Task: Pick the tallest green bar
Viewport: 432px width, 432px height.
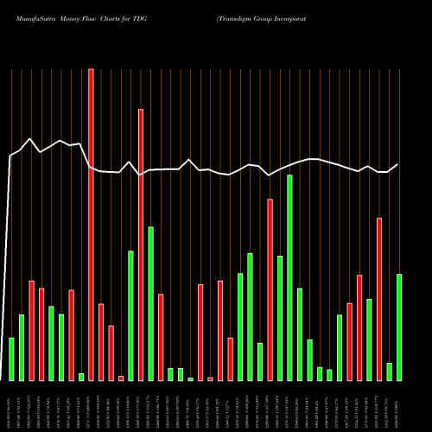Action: pos(289,277)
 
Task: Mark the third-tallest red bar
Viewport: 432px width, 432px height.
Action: pos(270,289)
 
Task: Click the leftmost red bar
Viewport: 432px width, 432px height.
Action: pos(31,330)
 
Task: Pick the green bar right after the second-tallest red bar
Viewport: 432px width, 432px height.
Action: pos(150,303)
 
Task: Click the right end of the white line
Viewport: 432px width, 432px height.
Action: pos(398,164)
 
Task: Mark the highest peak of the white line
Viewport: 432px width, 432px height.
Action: pos(31,138)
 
